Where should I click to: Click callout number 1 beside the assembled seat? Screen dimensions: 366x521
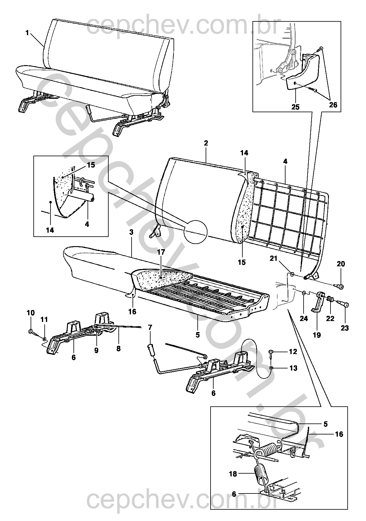click(27, 33)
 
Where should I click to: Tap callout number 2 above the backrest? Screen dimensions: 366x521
click(206, 143)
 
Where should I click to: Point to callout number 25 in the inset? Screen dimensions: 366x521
click(295, 107)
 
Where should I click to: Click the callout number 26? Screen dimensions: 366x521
click(333, 105)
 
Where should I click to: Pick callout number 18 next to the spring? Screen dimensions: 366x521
click(233, 474)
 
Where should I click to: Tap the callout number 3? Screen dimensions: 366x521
click(132, 232)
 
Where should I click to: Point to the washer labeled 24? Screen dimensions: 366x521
click(304, 292)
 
